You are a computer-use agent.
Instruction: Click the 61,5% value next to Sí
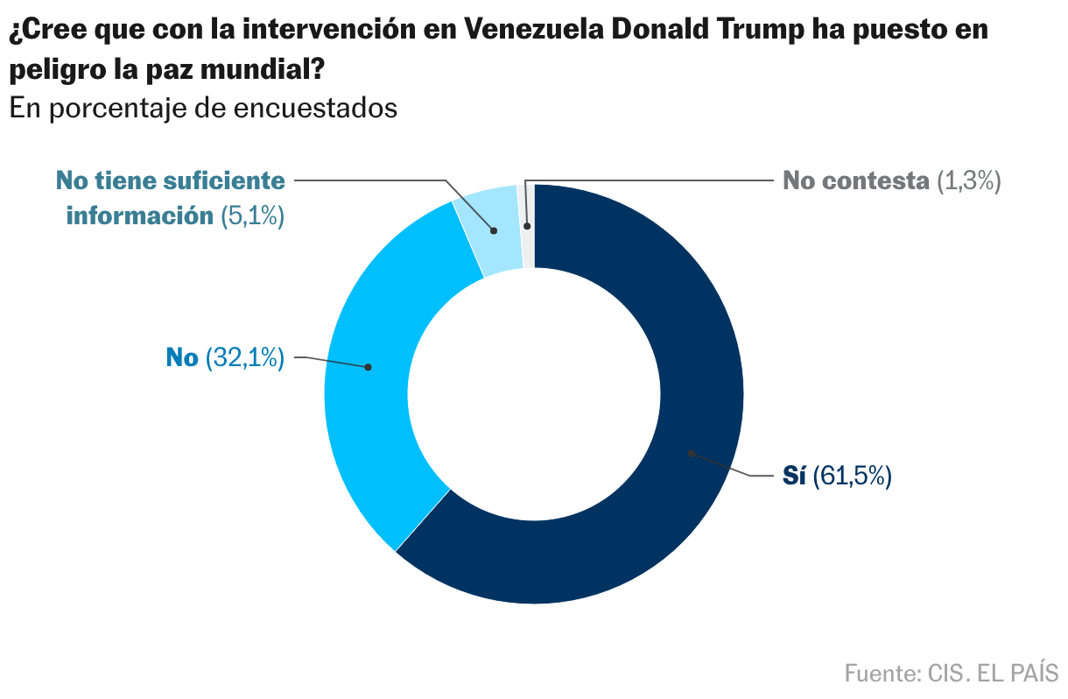tap(852, 477)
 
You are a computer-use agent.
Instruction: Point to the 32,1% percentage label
tap(245, 357)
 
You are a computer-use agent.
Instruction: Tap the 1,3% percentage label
tap(967, 181)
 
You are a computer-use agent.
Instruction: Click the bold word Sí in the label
tap(794, 477)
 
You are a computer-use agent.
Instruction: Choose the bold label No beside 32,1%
tap(182, 357)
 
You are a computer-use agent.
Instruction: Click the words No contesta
tap(855, 181)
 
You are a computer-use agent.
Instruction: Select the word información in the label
tap(140, 215)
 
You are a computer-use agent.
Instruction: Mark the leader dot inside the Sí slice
tap(691, 453)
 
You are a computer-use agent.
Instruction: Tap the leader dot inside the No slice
tap(368, 367)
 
